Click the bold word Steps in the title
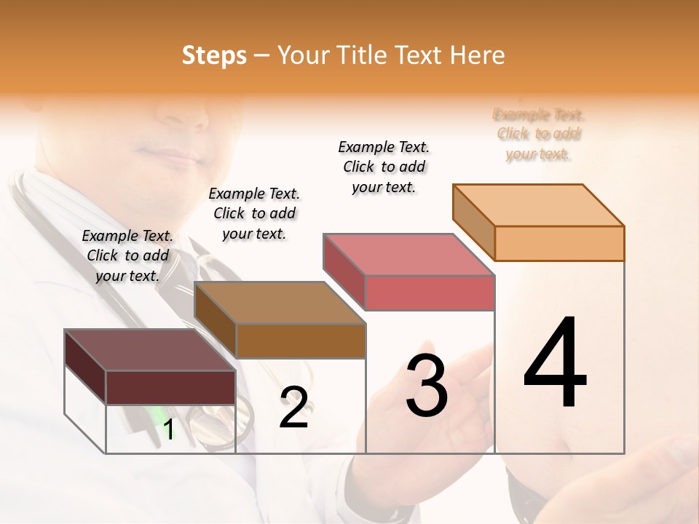(x=214, y=55)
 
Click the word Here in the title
(x=477, y=55)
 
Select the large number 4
(x=555, y=364)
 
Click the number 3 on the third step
(x=427, y=386)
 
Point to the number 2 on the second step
(x=293, y=408)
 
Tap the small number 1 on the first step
(x=169, y=430)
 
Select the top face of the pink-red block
(x=408, y=254)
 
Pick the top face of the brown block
(x=280, y=302)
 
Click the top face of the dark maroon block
(x=150, y=350)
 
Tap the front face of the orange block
(x=559, y=243)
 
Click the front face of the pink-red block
(x=430, y=293)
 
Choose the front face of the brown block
(x=301, y=341)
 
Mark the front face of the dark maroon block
(x=170, y=387)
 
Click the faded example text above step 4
(x=539, y=134)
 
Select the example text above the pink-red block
(x=384, y=167)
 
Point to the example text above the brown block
(x=254, y=213)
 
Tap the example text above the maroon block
(x=127, y=255)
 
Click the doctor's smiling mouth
(x=166, y=154)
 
